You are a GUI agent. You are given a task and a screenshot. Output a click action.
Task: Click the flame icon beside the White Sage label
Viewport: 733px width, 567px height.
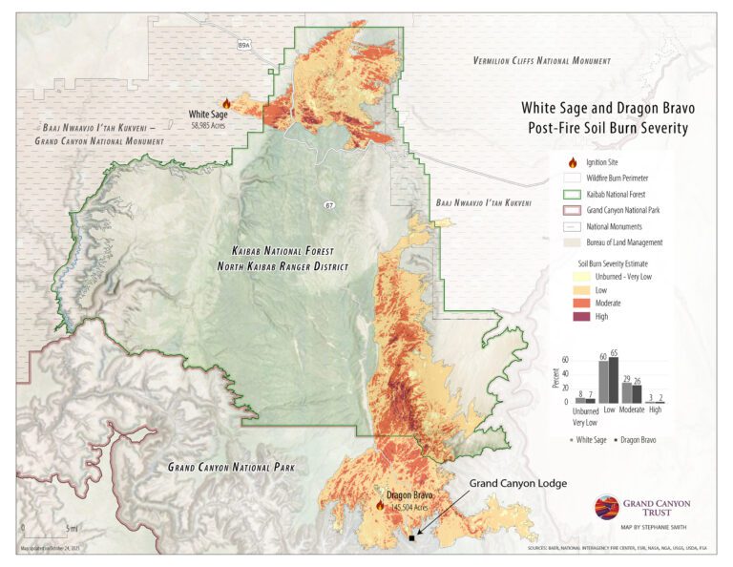[x=226, y=103]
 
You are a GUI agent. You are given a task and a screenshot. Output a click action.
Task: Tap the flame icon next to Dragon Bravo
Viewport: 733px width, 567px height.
[x=380, y=506]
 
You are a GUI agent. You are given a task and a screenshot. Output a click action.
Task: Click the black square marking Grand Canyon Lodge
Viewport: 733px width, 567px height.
[x=411, y=538]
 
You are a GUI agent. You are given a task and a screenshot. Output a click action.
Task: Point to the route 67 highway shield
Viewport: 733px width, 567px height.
[x=327, y=203]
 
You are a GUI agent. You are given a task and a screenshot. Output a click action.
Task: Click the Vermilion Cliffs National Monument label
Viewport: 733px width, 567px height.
[x=541, y=60]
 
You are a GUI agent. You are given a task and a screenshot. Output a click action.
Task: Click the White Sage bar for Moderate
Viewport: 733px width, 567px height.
[x=627, y=392]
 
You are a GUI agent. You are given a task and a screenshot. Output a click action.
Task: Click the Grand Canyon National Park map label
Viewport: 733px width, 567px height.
[x=231, y=468]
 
